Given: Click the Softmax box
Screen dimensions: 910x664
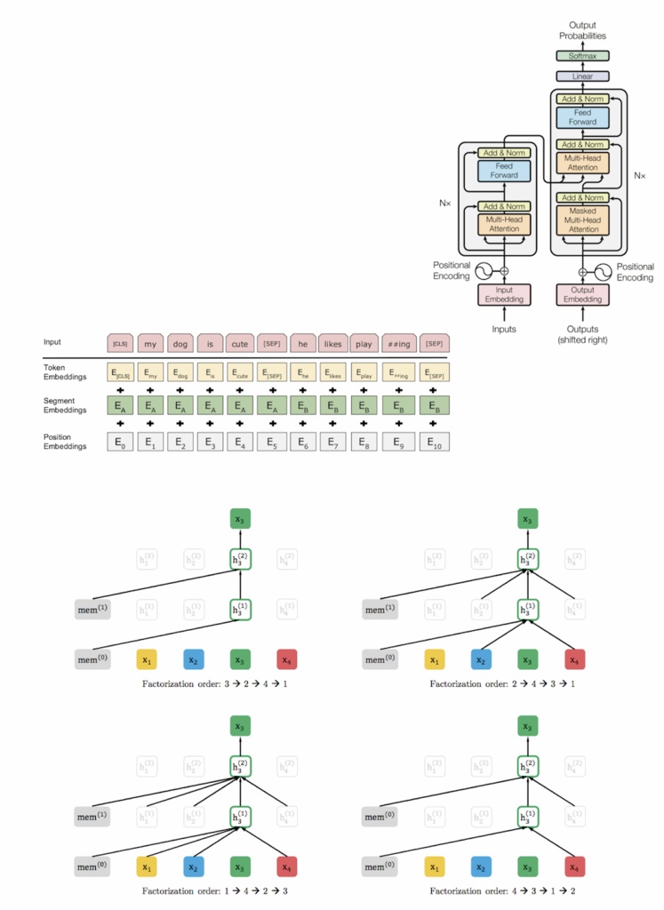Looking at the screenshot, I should tap(582, 56).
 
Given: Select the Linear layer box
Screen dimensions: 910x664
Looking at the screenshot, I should tap(582, 76).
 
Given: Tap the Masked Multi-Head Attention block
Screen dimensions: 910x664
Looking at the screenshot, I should tap(582, 220).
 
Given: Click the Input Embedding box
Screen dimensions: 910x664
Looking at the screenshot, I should tap(503, 294).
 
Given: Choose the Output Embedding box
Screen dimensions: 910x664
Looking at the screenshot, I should tap(582, 294).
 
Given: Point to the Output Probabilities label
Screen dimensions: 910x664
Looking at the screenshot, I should tap(582, 30).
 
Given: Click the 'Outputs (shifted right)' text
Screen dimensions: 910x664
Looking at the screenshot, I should tap(582, 334).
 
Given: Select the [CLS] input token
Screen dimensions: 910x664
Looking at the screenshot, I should tap(120, 343).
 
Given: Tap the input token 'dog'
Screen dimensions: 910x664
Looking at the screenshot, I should tap(180, 343).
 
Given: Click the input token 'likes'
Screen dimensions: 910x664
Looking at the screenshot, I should tap(332, 343).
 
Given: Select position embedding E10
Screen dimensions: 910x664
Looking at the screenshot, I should tap(435, 441).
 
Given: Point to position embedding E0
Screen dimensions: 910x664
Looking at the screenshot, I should tap(120, 441).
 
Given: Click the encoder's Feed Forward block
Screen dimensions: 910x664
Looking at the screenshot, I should tap(503, 171).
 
